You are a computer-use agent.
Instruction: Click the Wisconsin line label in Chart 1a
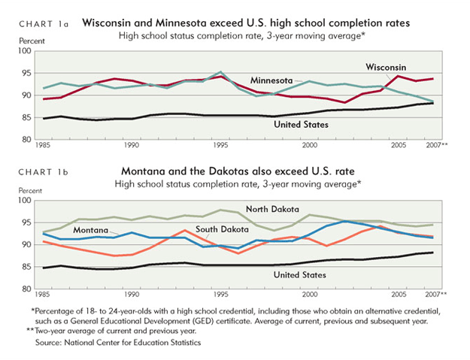[387, 67]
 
